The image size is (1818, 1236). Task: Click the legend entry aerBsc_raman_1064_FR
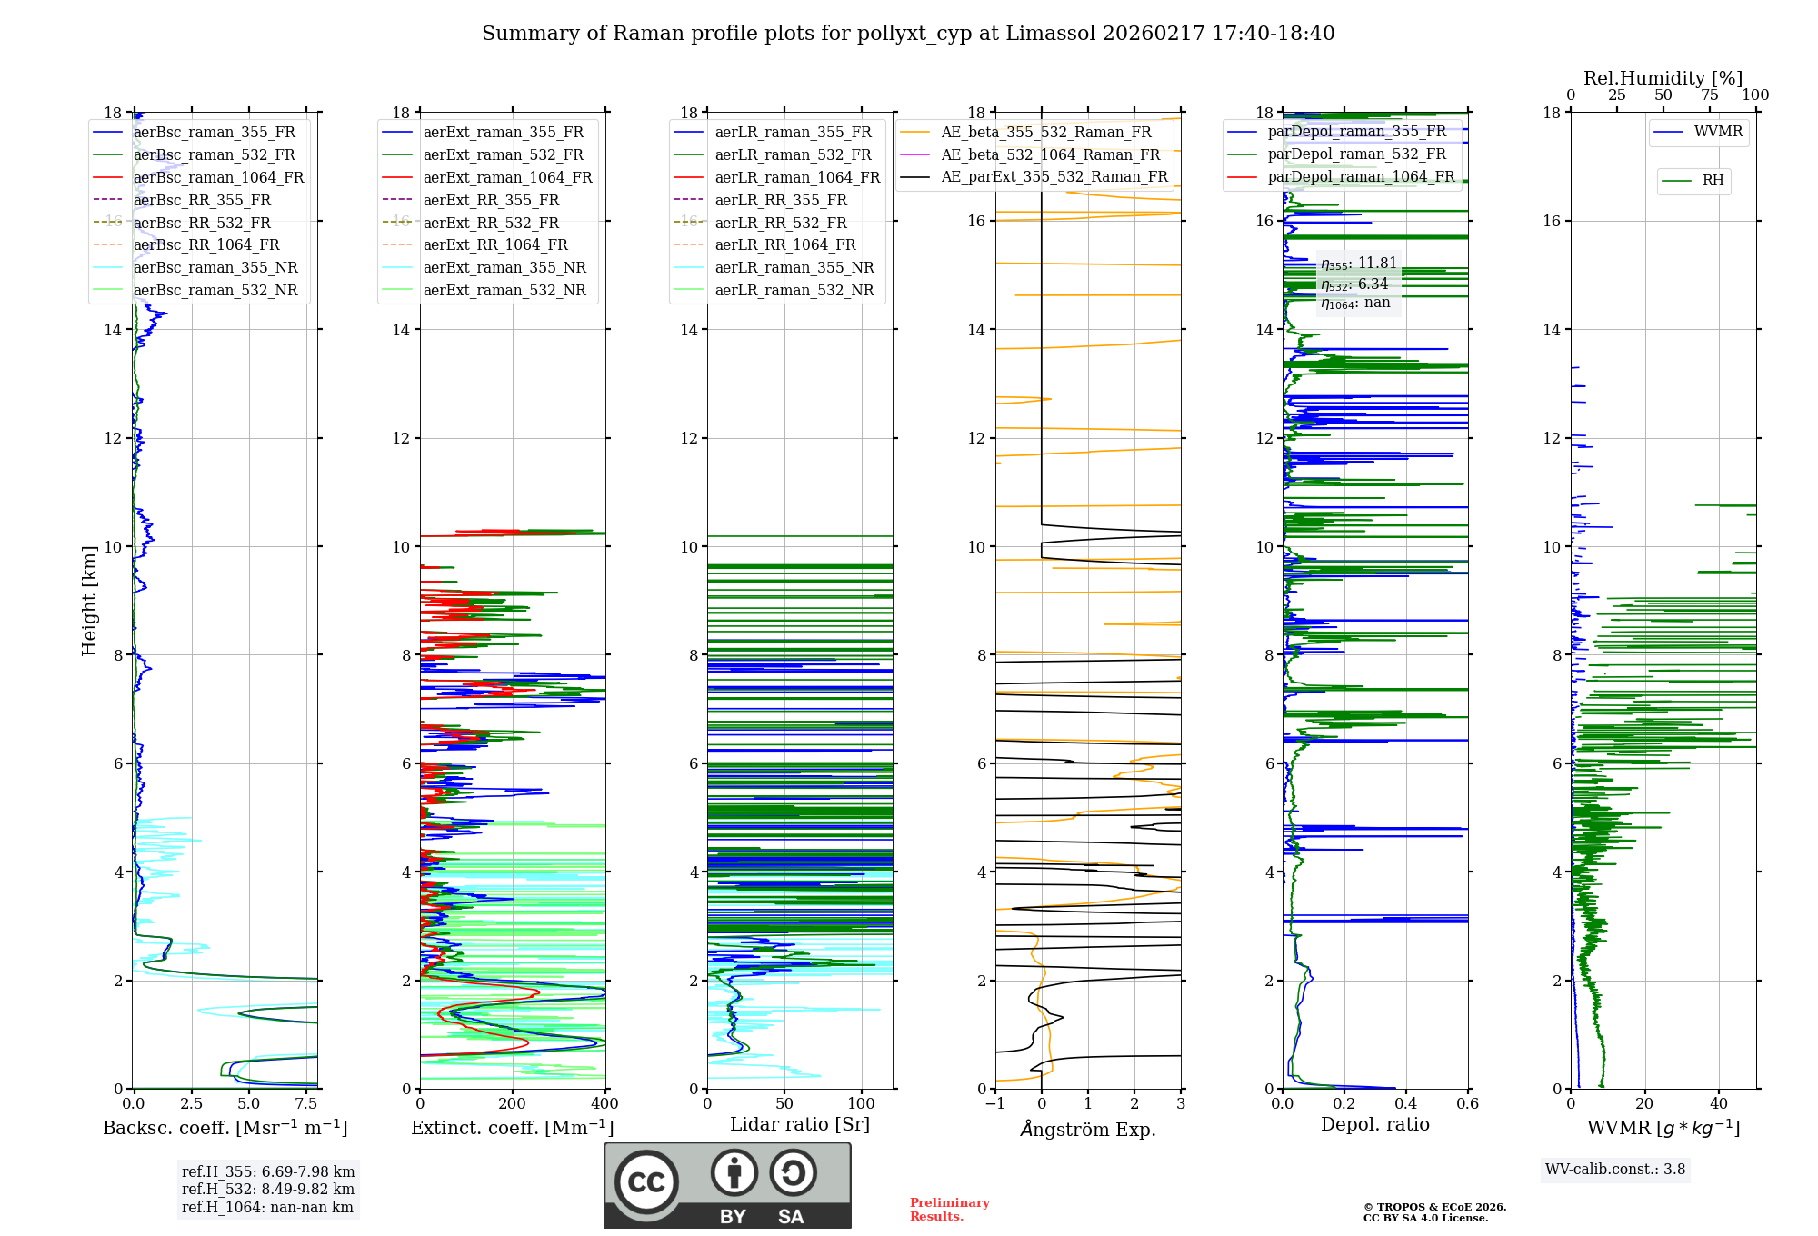(218, 178)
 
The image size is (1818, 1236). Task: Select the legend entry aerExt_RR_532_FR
(491, 223)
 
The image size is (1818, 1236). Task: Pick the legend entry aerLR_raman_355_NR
(794, 268)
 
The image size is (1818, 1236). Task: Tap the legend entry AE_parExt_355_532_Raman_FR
(1054, 177)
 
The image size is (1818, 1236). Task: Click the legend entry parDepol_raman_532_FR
(1356, 154)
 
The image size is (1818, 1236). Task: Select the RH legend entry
(1713, 181)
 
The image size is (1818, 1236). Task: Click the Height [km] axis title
(89, 600)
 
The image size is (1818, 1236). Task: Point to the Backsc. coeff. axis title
(225, 1128)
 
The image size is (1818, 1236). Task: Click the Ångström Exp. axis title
(1088, 1130)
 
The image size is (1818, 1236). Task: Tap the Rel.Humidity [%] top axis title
(1663, 78)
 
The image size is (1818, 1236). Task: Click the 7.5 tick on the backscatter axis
(306, 1104)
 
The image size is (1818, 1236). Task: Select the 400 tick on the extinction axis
(605, 1104)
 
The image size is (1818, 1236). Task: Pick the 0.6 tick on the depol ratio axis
(1467, 1104)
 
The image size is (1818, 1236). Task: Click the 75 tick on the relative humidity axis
(1710, 95)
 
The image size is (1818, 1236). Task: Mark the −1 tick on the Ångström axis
(995, 1104)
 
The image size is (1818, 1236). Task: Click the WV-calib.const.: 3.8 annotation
(1615, 1170)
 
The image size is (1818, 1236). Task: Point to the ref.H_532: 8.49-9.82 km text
(268, 1190)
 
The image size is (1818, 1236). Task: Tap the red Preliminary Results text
(949, 1210)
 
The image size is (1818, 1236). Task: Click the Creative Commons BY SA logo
(727, 1186)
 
